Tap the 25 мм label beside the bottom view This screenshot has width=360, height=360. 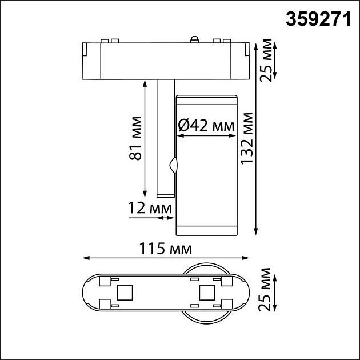click(x=264, y=293)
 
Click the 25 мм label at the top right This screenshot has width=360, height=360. click(x=264, y=60)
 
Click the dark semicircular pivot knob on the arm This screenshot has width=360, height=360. click(x=173, y=166)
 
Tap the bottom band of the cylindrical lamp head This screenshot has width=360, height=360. click(x=206, y=230)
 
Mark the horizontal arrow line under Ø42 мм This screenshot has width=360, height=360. click(x=206, y=137)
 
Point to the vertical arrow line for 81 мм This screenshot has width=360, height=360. click(x=144, y=137)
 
